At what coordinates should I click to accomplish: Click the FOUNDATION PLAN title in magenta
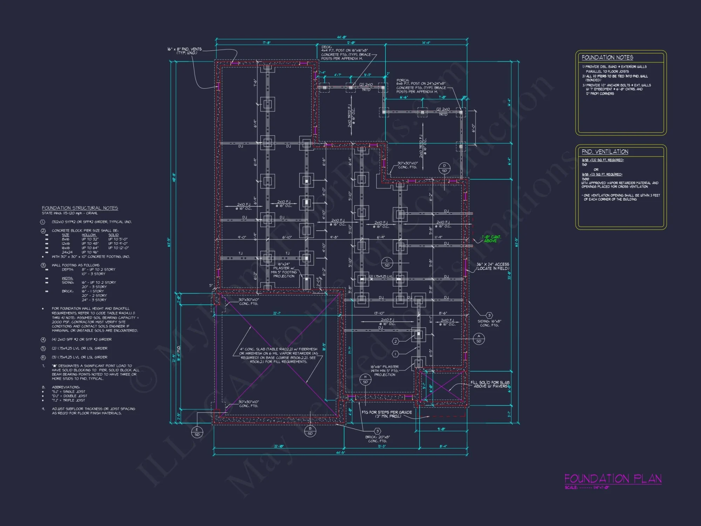pyautogui.click(x=613, y=479)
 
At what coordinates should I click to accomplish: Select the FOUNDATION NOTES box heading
pyautogui.click(x=607, y=58)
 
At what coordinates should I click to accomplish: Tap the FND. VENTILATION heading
pyautogui.click(x=605, y=151)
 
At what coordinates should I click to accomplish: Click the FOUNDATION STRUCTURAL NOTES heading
pyautogui.click(x=80, y=208)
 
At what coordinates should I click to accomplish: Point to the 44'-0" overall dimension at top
pyautogui.click(x=341, y=37)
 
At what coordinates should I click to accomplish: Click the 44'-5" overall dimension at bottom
pyautogui.click(x=340, y=453)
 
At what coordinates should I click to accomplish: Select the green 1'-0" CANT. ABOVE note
pyautogui.click(x=491, y=239)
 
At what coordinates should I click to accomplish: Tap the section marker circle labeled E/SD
pyautogui.click(x=197, y=432)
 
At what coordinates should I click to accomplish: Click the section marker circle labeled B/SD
pyautogui.click(x=310, y=431)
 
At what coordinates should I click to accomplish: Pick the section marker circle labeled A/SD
pyautogui.click(x=479, y=338)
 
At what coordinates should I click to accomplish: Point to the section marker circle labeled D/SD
pyautogui.click(x=444, y=168)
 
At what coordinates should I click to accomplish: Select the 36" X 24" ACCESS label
pyautogui.click(x=492, y=266)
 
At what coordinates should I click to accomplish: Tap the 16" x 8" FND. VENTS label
pyautogui.click(x=185, y=51)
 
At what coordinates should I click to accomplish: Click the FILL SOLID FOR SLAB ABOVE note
pyautogui.click(x=490, y=384)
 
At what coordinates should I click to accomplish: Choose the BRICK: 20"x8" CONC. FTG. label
pyautogui.click(x=377, y=439)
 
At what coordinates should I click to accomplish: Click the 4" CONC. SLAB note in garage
pyautogui.click(x=278, y=355)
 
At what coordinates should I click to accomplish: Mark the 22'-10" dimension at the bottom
pyautogui.click(x=279, y=446)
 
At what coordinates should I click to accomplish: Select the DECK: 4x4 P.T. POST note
pyautogui.click(x=346, y=53)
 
